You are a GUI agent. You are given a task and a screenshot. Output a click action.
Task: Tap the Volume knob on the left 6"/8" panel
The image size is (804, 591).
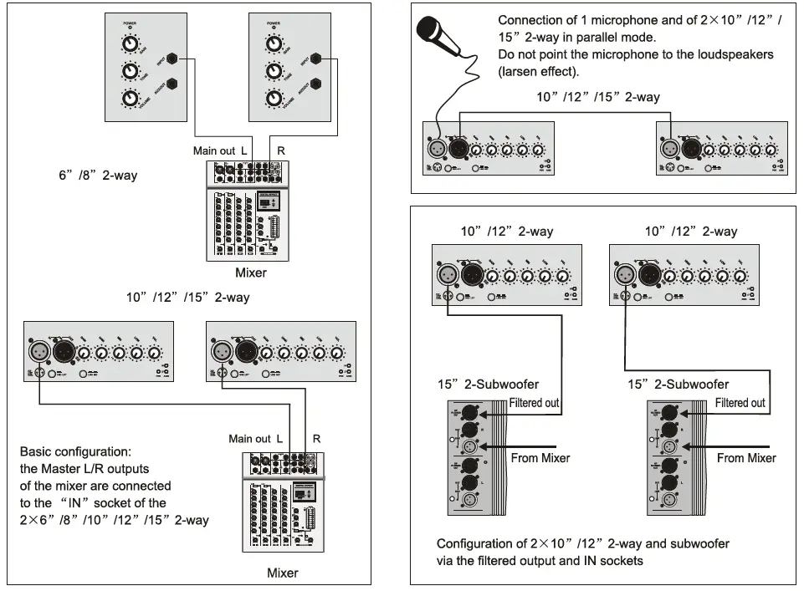click(x=130, y=99)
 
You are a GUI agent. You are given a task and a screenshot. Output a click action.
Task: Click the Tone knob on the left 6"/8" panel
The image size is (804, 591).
click(x=130, y=72)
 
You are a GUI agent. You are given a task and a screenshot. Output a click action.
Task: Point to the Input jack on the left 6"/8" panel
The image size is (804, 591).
click(x=173, y=59)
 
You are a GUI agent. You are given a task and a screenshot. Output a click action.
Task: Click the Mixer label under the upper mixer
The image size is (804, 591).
click(x=251, y=273)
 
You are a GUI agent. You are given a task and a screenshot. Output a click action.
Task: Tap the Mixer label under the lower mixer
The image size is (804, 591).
click(x=282, y=573)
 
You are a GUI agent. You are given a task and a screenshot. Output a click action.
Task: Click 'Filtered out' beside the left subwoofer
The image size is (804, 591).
click(x=534, y=403)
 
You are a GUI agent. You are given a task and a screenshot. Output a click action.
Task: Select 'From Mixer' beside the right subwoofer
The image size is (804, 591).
click(x=746, y=457)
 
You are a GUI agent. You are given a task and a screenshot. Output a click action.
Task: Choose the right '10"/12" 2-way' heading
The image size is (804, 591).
click(x=691, y=232)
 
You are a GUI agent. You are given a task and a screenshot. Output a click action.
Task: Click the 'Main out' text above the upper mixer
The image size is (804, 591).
click(x=214, y=150)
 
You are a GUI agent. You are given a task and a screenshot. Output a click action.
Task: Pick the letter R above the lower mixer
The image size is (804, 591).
click(x=316, y=438)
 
